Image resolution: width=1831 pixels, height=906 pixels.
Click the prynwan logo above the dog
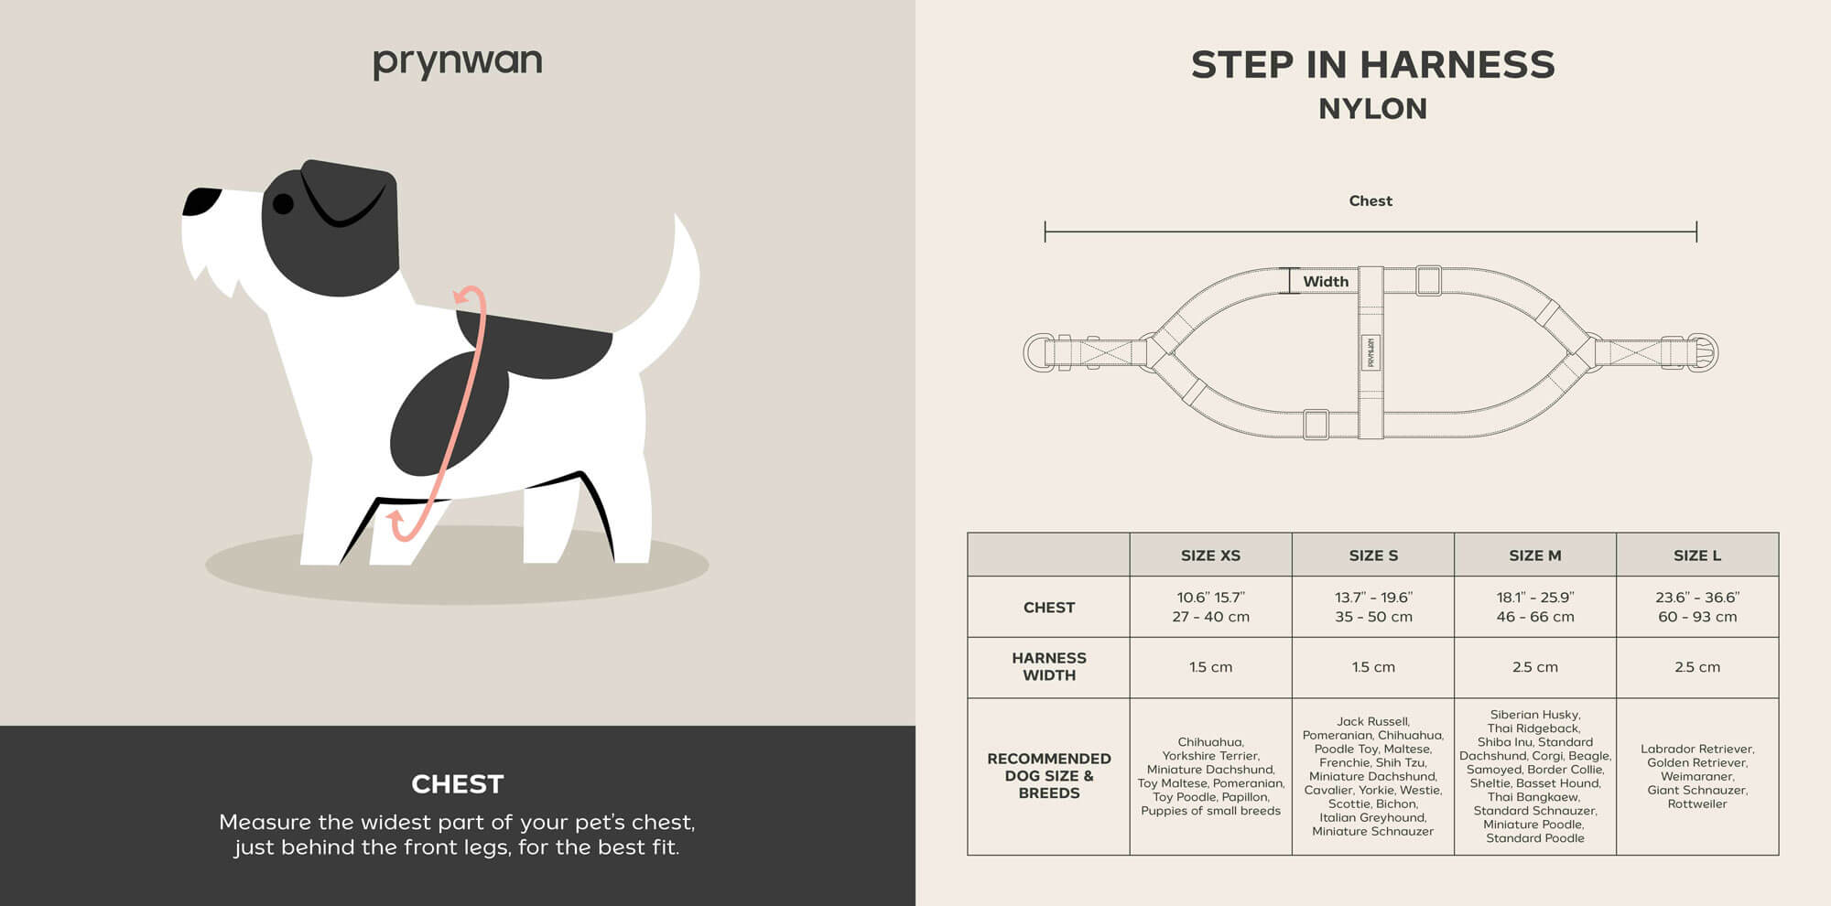tap(457, 62)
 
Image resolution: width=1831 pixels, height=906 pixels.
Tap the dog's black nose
tap(200, 201)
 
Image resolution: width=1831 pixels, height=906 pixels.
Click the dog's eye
tap(284, 203)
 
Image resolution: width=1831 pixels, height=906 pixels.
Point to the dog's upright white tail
tap(673, 293)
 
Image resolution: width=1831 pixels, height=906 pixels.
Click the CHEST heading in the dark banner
tap(458, 784)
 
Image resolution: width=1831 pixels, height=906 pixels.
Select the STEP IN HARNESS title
tap(1372, 65)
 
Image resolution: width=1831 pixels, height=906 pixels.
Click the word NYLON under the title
tap(1372, 109)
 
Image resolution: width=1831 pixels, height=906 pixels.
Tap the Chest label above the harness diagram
tap(1371, 200)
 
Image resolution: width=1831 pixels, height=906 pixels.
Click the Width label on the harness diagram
tap(1326, 282)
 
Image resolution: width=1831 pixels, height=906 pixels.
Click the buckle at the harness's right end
tap(1702, 352)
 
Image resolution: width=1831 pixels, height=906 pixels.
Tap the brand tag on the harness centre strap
tap(1371, 352)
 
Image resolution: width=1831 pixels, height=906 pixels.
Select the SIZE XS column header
tap(1210, 555)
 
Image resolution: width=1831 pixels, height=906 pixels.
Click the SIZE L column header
tap(1697, 555)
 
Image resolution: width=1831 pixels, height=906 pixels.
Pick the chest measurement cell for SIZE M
tap(1535, 607)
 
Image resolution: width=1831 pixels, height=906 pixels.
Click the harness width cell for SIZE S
tap(1373, 667)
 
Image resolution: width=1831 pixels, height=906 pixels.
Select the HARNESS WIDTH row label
tap(1049, 666)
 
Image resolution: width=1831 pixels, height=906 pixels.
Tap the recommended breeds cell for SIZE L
tap(1697, 776)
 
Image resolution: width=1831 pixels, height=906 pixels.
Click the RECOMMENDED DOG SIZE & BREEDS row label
tap(1049, 775)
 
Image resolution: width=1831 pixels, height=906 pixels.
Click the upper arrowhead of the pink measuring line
tap(467, 297)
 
